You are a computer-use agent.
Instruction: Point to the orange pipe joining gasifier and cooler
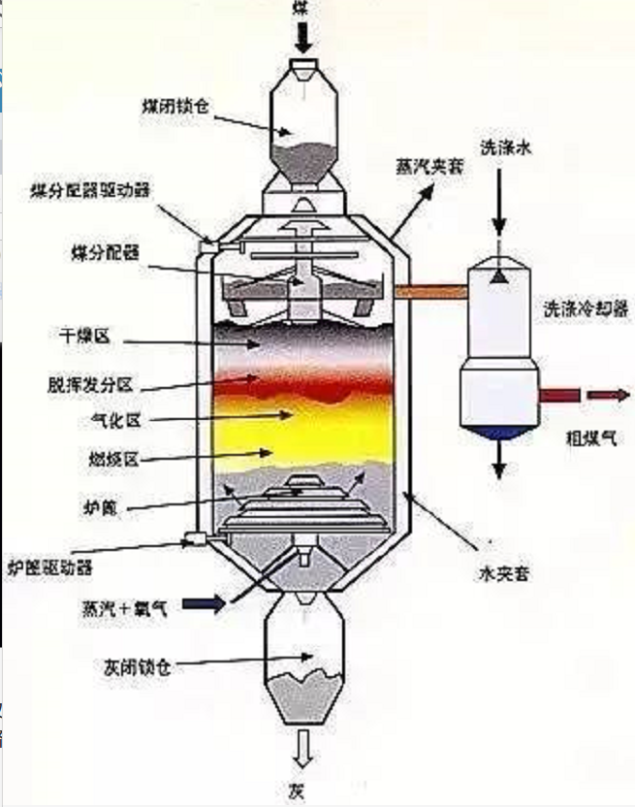[430, 289]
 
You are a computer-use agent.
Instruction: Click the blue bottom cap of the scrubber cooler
[498, 431]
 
